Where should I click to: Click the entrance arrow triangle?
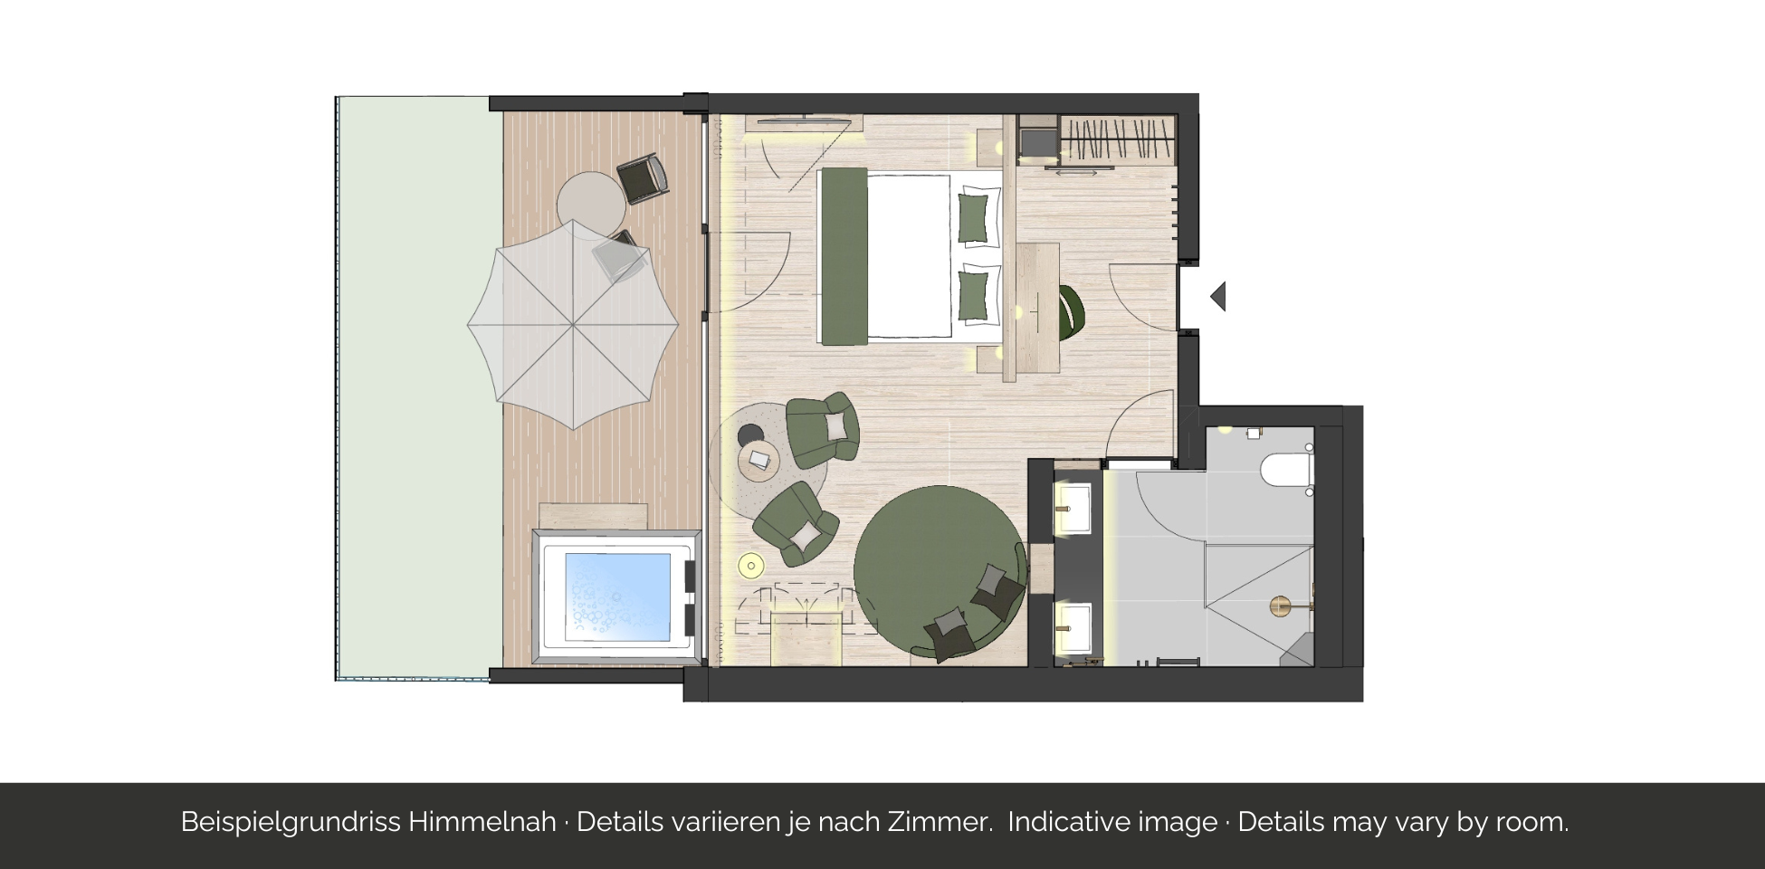1219,296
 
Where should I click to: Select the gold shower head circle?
1280,606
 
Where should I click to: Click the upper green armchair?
822,429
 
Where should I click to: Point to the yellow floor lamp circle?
751,567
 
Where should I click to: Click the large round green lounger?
940,572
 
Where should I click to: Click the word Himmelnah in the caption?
482,822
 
